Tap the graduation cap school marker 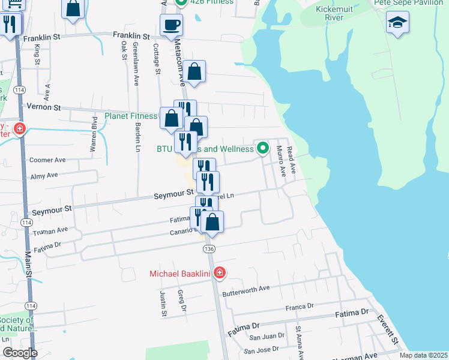tap(397, 23)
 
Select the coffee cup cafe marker tap(171, 25)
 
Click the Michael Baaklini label tap(181, 274)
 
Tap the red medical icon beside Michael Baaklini tap(220, 273)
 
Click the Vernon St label tap(44, 107)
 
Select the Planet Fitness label tap(131, 116)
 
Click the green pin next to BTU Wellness tap(262, 147)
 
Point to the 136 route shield tap(209, 248)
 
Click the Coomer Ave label tap(47, 160)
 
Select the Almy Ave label tap(44, 175)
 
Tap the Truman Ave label tap(50, 230)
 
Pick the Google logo tap(19, 353)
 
